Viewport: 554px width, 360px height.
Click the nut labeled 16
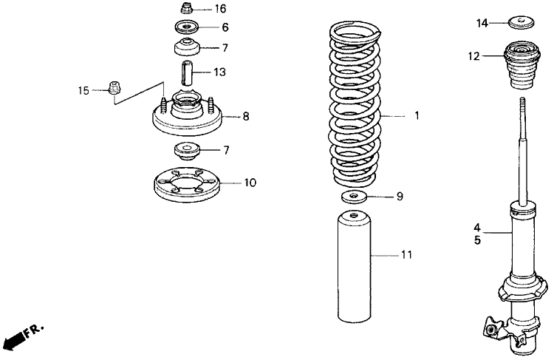[x=187, y=10]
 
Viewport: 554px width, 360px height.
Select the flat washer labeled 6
[x=186, y=27]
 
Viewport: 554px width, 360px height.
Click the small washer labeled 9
[x=355, y=197]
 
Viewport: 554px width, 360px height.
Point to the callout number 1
[x=417, y=116]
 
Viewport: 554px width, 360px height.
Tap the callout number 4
[x=477, y=228]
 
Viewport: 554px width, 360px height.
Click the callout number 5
[x=477, y=240]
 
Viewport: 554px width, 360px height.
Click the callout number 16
[x=220, y=10]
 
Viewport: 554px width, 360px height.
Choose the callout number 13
[x=219, y=72]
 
